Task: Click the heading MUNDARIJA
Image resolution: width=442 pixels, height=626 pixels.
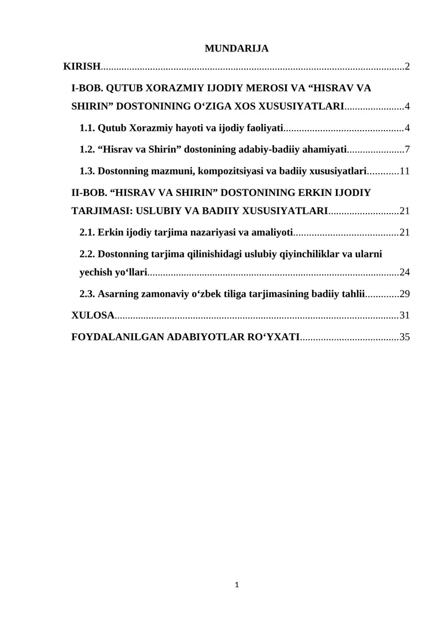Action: tap(236, 49)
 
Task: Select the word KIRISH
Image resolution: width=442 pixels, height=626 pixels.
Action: tap(82, 67)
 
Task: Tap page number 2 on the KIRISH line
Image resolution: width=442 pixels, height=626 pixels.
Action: tap(407, 67)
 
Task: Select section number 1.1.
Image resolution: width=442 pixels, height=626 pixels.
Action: tap(87, 128)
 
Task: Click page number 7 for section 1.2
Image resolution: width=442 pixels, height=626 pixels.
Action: tap(407, 149)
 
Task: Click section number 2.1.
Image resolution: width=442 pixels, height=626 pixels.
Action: tap(87, 232)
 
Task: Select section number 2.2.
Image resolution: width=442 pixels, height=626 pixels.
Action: tap(87, 254)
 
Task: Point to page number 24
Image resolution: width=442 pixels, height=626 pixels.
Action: tap(404, 272)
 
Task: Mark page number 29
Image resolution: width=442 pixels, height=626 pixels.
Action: tap(404, 293)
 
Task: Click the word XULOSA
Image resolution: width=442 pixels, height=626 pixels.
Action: tap(93, 315)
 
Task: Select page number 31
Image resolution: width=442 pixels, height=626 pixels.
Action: tap(404, 315)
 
